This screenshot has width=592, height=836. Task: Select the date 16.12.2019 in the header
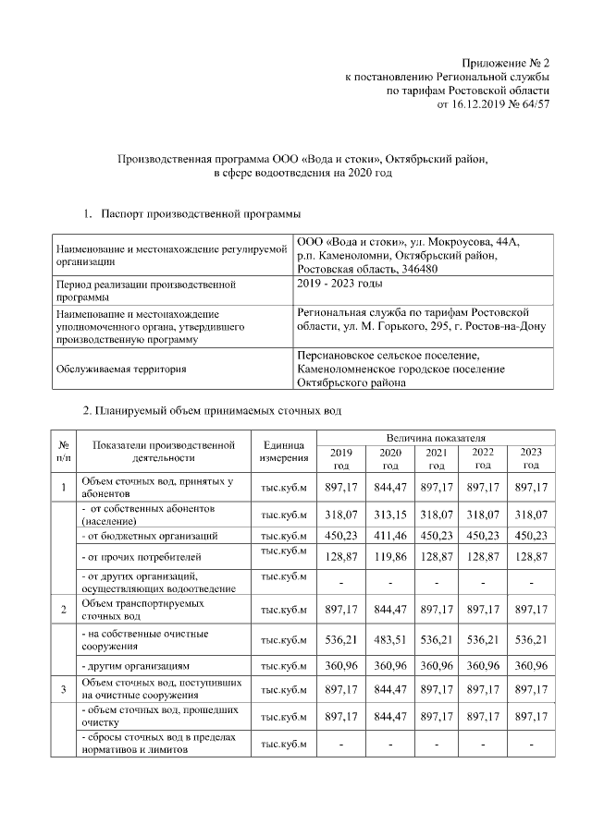pos(479,105)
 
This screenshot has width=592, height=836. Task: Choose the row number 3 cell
pos(63,689)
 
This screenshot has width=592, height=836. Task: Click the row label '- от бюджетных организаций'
pos(150,535)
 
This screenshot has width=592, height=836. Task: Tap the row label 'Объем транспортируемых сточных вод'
pos(139,609)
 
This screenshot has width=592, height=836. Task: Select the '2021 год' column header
pos(435,459)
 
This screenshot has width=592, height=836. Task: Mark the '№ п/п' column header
pos(63,451)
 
